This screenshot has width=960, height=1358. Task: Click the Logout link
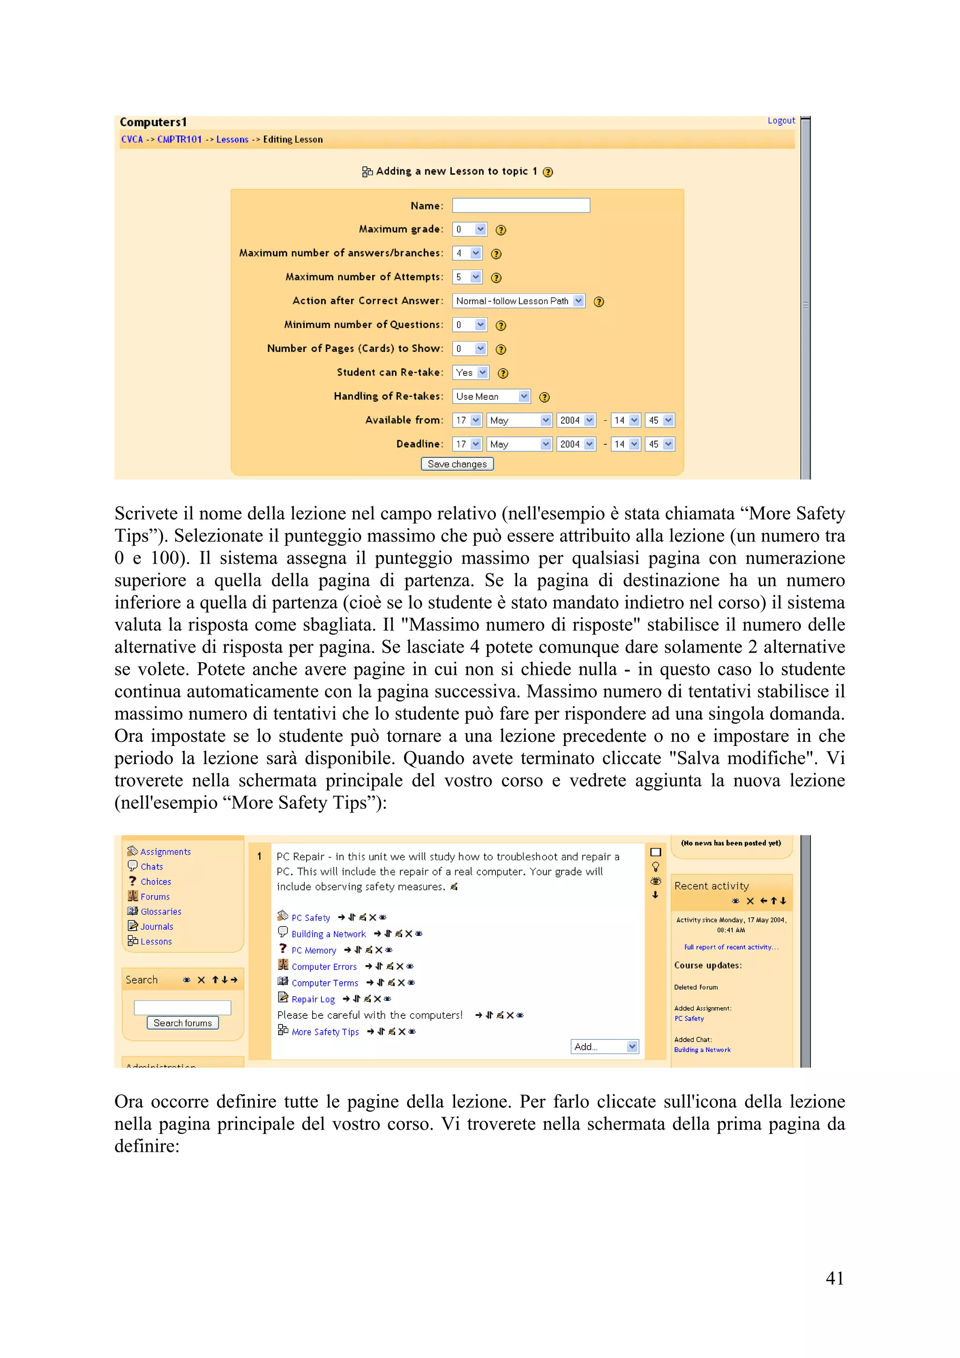781,120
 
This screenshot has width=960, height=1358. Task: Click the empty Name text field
520,205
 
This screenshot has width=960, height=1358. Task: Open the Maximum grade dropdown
469,230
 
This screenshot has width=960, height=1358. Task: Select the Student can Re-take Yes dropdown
471,373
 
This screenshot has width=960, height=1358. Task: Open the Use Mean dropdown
491,396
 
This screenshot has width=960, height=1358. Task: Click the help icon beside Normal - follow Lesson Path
599,302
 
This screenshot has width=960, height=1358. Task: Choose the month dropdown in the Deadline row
519,444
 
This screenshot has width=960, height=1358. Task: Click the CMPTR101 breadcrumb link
179,140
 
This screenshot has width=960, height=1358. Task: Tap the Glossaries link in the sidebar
161,911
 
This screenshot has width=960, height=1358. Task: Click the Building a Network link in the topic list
328,934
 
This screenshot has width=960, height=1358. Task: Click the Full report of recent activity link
731,947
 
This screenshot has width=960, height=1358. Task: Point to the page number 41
834,1278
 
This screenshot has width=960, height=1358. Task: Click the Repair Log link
313,999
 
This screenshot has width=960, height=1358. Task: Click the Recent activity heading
712,886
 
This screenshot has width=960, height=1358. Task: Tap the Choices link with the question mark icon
156,881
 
